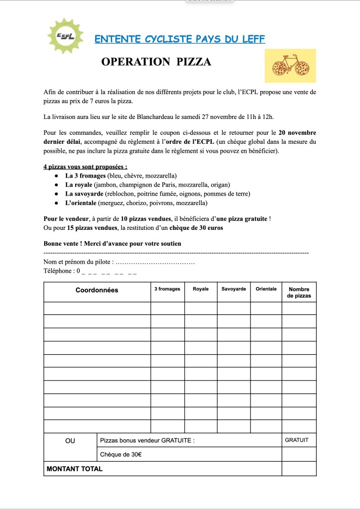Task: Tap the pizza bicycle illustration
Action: point(290,65)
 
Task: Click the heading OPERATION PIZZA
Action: point(156,62)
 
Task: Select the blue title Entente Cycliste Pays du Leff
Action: point(180,39)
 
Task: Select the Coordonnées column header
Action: point(97,290)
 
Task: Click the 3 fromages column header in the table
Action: point(167,289)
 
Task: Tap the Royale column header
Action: point(201,289)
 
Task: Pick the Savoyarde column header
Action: point(234,289)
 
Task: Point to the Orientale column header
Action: point(266,289)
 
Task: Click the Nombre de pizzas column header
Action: point(299,292)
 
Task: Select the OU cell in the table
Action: point(70,440)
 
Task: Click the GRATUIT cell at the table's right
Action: point(297,440)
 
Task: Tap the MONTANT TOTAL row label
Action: point(75,469)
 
